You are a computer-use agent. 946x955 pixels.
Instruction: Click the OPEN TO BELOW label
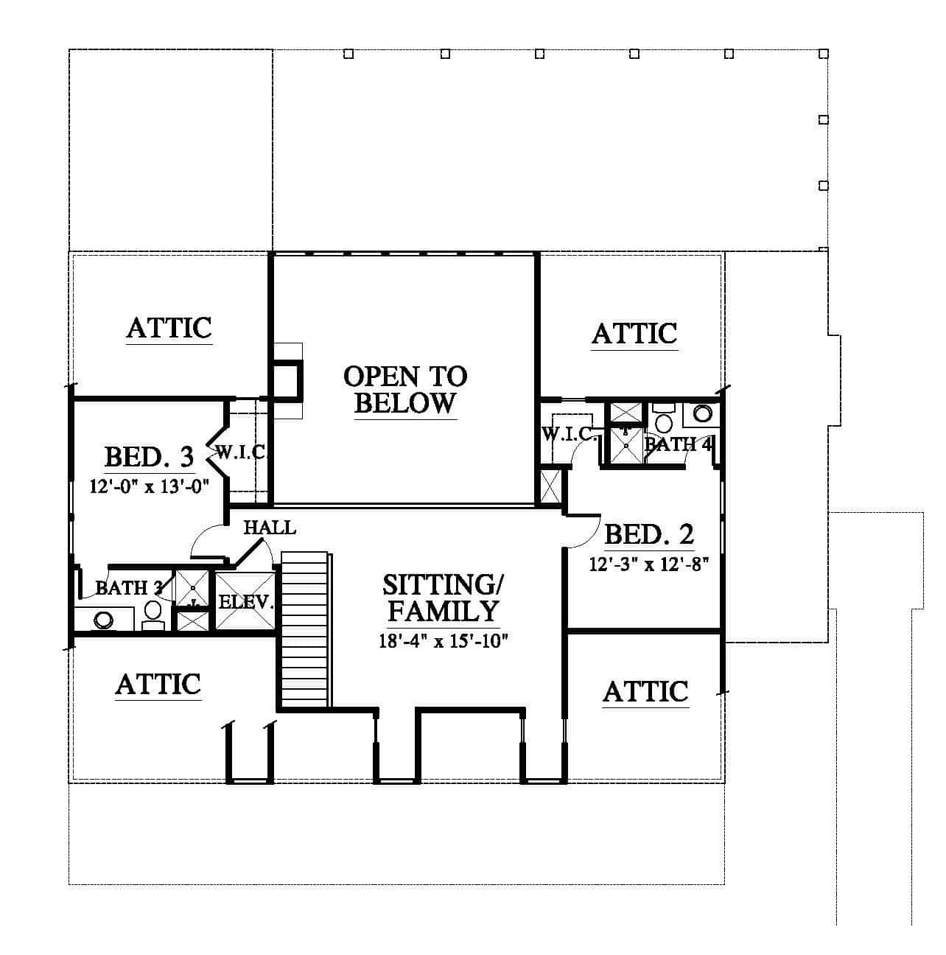[x=405, y=390]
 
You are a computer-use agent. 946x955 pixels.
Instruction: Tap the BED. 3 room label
[x=149, y=456]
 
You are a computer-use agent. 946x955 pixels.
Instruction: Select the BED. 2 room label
[x=649, y=534]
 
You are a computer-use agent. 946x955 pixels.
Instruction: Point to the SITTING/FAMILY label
[x=442, y=598]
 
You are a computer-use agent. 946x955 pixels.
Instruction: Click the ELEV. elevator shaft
[x=245, y=601]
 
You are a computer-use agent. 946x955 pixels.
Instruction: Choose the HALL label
[x=270, y=528]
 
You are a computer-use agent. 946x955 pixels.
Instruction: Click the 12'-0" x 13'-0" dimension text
[x=149, y=486]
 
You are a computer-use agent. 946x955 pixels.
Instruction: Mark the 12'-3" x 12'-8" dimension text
[x=649, y=564]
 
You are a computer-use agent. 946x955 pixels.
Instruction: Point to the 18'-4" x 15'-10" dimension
[x=444, y=641]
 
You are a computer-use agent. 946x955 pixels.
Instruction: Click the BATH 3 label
[x=129, y=588]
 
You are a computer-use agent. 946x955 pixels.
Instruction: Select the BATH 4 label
[x=677, y=444]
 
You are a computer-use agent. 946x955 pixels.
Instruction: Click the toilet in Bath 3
[x=153, y=615]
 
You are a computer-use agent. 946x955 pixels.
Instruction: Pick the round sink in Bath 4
[x=702, y=413]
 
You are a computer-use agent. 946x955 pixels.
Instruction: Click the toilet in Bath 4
[x=663, y=419]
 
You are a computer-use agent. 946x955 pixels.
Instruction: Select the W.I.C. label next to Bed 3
[x=242, y=452]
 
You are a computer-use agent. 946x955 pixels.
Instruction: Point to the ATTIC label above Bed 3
[x=169, y=328]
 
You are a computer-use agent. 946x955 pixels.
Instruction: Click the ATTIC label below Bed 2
[x=645, y=691]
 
